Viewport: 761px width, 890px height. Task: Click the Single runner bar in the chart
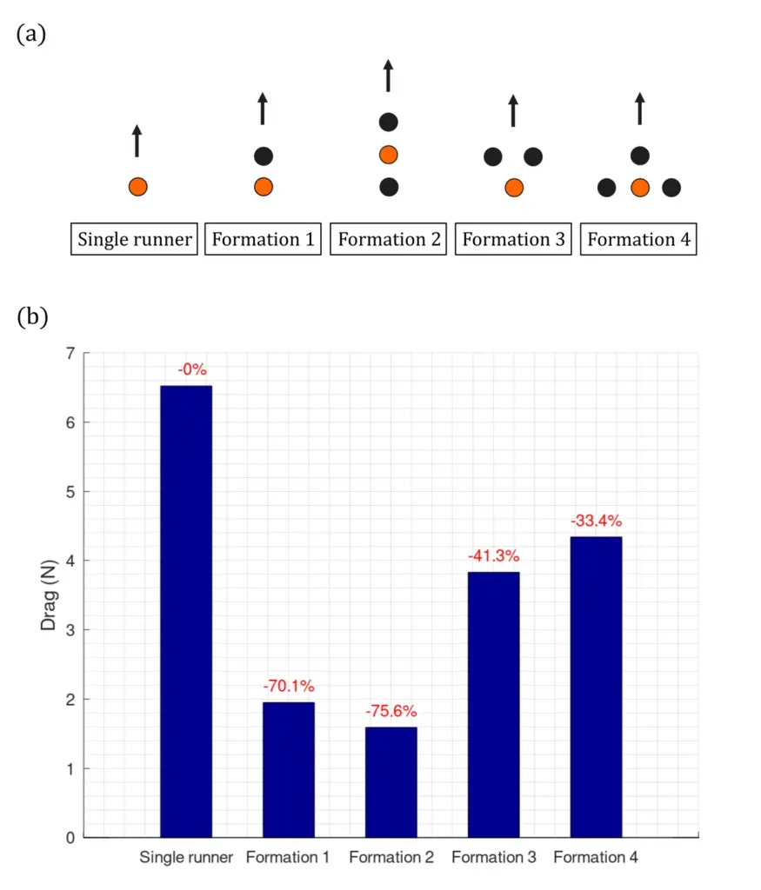pyautogui.click(x=186, y=611)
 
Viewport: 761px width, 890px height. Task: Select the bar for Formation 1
pyautogui.click(x=288, y=769)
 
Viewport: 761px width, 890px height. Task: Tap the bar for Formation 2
pyautogui.click(x=391, y=782)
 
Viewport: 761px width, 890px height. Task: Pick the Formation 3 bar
pyautogui.click(x=493, y=704)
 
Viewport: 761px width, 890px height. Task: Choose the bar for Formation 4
pyautogui.click(x=596, y=687)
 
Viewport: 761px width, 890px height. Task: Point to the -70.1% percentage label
pyautogui.click(x=288, y=686)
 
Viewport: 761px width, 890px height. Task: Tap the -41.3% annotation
pyautogui.click(x=493, y=555)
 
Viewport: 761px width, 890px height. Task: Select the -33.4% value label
pyautogui.click(x=596, y=521)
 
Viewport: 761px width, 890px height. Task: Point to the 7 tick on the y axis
pyautogui.click(x=70, y=353)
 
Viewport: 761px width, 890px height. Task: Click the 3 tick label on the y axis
pyautogui.click(x=70, y=630)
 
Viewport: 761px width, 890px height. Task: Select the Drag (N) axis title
pyautogui.click(x=50, y=595)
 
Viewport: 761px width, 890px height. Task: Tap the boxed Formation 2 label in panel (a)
pyautogui.click(x=389, y=240)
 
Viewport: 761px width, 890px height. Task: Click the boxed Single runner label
pyautogui.click(x=135, y=240)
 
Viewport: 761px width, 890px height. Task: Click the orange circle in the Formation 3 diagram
pyautogui.click(x=514, y=188)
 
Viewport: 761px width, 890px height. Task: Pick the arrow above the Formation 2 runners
pyautogui.click(x=389, y=76)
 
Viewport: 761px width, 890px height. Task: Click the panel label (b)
pyautogui.click(x=32, y=317)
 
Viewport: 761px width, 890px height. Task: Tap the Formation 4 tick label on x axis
pyautogui.click(x=596, y=858)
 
